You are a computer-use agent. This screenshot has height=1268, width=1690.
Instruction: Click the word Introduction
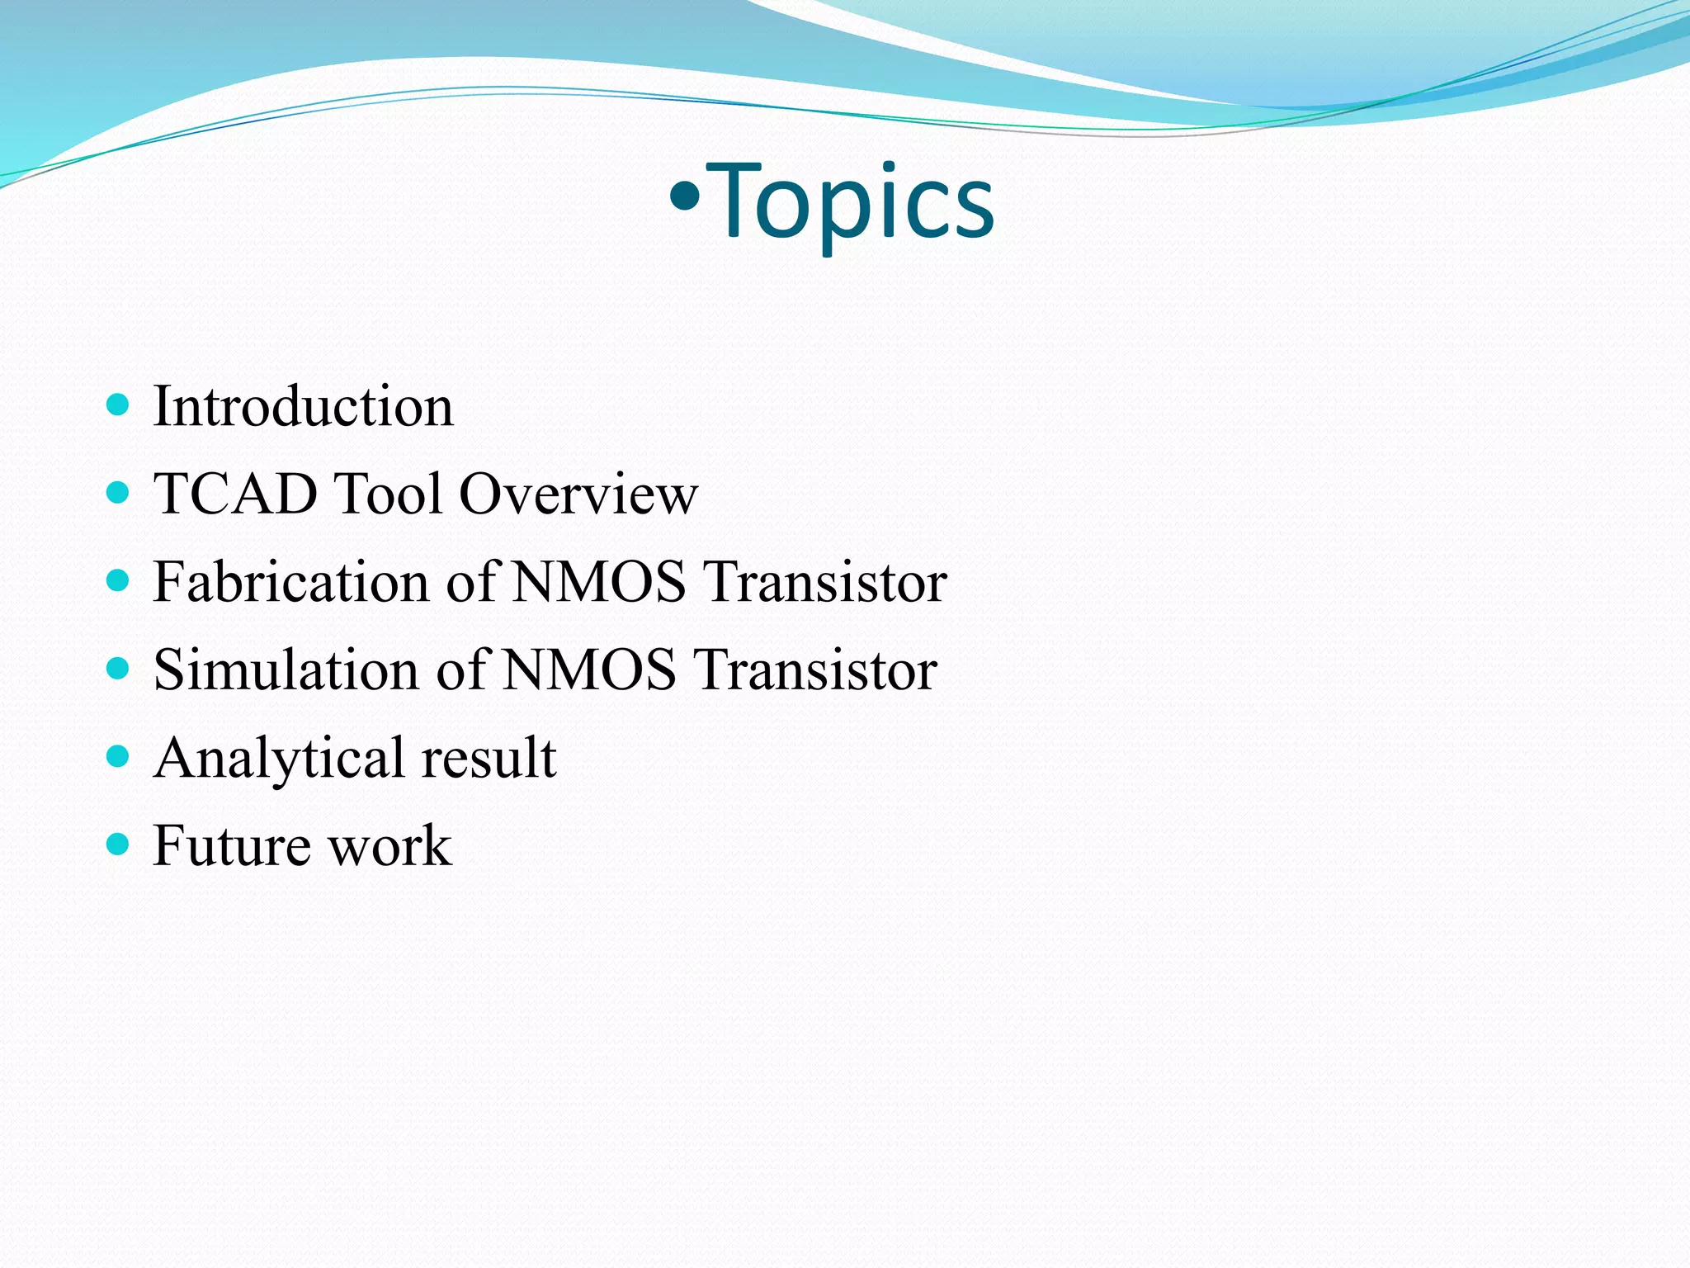click(303, 407)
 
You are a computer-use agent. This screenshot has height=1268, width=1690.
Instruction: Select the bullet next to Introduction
click(119, 405)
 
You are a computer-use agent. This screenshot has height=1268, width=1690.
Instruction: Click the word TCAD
click(235, 494)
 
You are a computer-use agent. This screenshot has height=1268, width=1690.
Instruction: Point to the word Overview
click(578, 494)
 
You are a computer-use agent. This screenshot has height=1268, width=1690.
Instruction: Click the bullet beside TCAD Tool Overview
click(119, 493)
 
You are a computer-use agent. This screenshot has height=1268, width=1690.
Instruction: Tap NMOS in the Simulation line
click(588, 669)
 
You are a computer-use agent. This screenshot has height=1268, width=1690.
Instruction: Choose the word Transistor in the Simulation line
click(815, 669)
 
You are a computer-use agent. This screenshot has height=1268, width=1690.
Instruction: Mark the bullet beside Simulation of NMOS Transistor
click(119, 668)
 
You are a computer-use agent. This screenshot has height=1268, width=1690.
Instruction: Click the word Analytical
click(279, 759)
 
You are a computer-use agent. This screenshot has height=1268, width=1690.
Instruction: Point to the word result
click(489, 757)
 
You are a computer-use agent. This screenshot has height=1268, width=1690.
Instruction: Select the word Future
click(231, 845)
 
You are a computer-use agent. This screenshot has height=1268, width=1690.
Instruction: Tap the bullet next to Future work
click(119, 844)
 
